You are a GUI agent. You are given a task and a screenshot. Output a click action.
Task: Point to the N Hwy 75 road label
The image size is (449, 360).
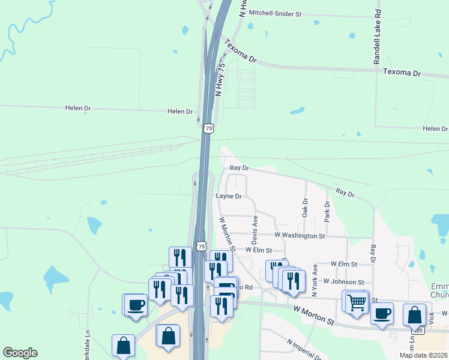tap(220, 79)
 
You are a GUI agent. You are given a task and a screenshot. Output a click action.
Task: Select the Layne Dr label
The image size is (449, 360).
tap(228, 196)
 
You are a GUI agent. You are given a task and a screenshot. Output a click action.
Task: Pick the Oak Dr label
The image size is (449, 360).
tap(305, 208)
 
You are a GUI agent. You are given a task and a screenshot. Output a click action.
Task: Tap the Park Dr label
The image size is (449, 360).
tap(327, 212)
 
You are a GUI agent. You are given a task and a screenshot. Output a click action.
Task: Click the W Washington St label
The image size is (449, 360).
tap(300, 236)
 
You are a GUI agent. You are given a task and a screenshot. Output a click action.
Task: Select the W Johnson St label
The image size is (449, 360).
tap(343, 281)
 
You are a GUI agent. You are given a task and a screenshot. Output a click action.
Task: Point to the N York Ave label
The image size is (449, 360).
tap(314, 280)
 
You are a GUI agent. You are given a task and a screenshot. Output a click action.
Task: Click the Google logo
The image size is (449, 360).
tap(20, 353)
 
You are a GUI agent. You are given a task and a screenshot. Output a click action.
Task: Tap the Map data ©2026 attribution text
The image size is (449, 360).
tap(423, 355)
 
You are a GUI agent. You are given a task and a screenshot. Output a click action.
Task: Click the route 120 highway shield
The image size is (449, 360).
tap(418, 330)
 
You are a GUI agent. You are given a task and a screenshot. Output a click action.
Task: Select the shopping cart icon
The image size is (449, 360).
tap(357, 301)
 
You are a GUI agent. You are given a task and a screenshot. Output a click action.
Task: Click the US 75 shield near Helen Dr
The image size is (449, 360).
tap(208, 128)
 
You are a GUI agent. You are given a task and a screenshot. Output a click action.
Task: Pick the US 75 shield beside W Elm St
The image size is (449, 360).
tap(202, 247)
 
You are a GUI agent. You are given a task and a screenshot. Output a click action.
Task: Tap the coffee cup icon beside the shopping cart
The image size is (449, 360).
tap(382, 313)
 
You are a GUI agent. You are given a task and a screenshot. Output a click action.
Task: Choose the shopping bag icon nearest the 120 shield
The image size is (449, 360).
tap(414, 314)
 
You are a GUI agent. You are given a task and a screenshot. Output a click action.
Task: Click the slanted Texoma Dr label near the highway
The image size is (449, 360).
tap(240, 52)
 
